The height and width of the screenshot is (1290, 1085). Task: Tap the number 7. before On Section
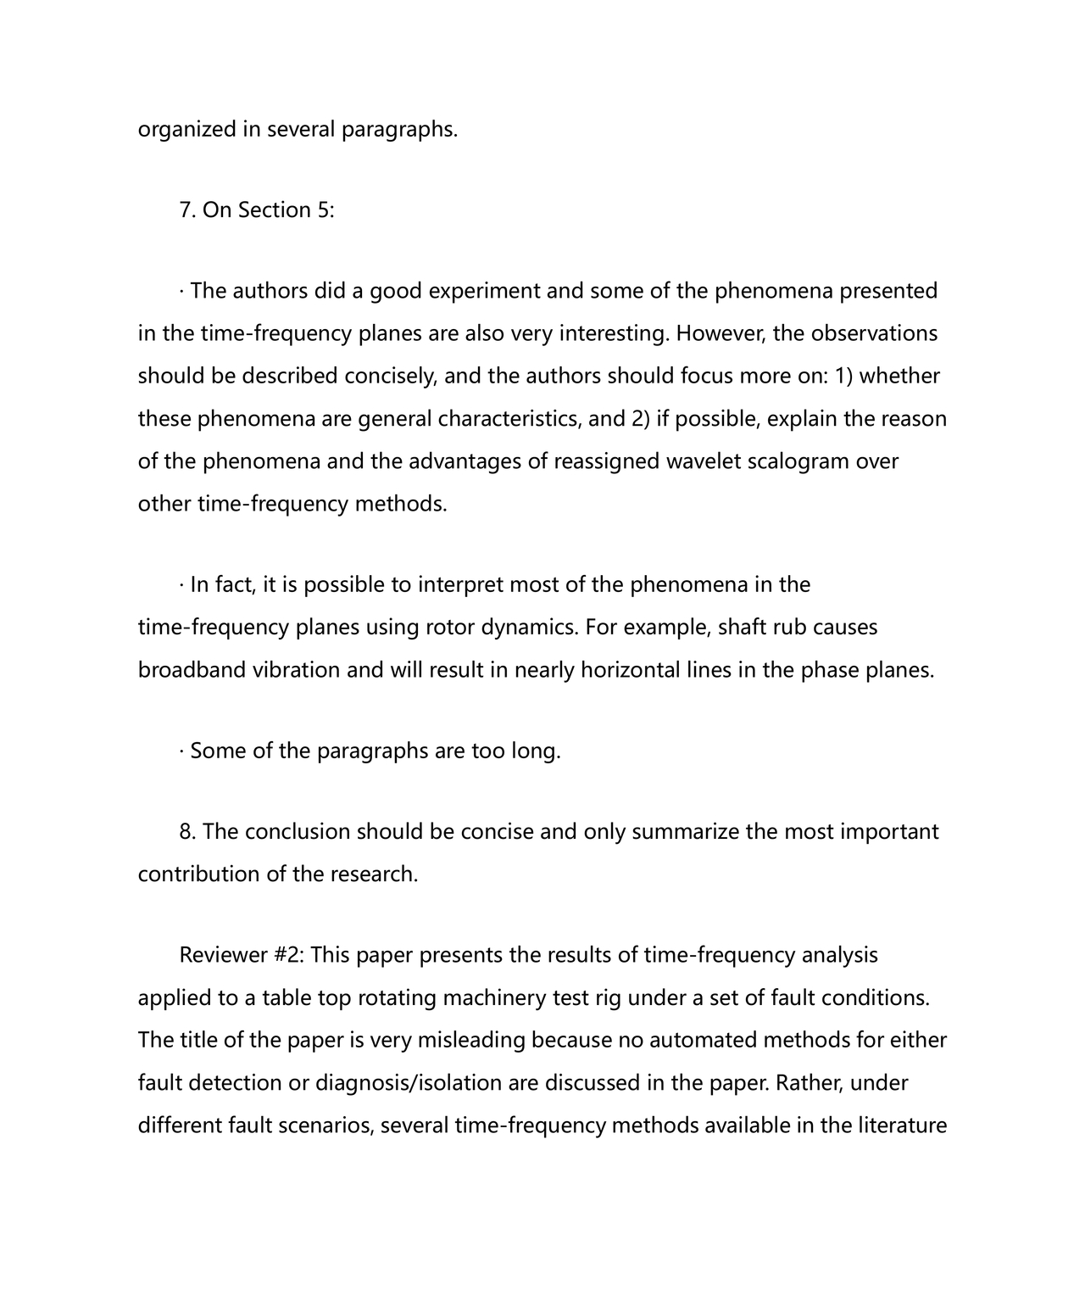coord(187,210)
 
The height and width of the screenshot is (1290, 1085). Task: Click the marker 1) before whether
coord(842,376)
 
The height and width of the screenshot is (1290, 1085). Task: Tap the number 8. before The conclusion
coord(187,831)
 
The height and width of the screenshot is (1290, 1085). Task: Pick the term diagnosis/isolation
coord(426,1083)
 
